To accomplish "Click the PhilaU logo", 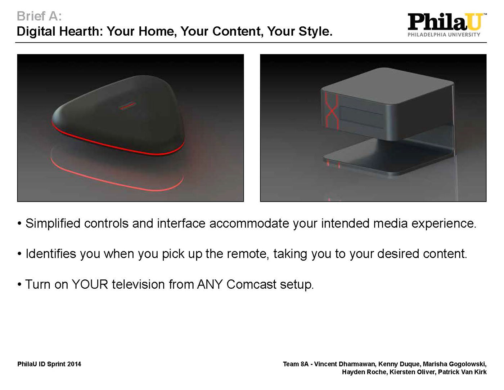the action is pos(447,25).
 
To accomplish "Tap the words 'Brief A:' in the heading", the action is pos(40,16).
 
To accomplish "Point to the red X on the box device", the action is pos(332,111).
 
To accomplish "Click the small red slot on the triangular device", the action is pos(127,106).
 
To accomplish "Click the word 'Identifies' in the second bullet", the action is pos(51,253).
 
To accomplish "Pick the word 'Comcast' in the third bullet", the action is pos(251,284).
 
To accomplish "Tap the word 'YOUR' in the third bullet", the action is pos(90,284).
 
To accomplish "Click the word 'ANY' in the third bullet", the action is pos(210,284).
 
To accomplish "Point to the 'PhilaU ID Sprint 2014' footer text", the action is pos(49,364).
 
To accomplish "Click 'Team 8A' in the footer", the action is pos(296,364).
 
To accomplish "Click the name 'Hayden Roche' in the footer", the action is pos(364,372).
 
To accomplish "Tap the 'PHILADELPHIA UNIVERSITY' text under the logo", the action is pos(444,35).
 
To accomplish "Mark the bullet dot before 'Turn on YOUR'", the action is pos(19,284).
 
